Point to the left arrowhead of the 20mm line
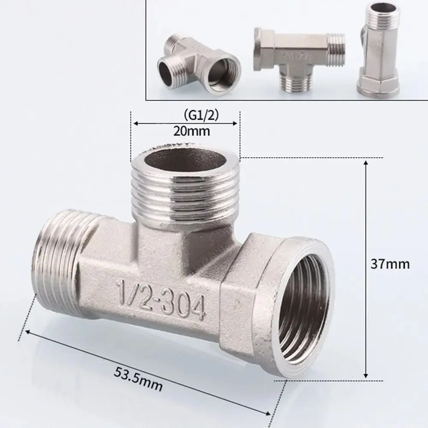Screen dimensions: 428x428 click(135, 124)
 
